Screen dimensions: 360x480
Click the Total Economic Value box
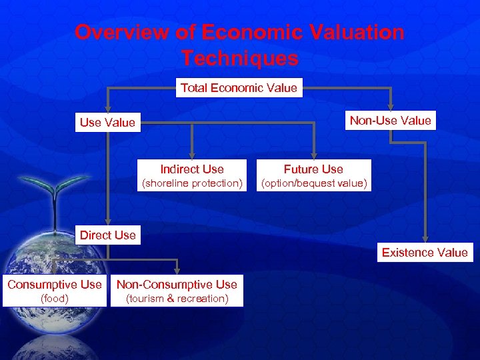click(x=239, y=88)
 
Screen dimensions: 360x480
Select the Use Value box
click(x=107, y=122)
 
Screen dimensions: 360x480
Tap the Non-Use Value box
click(x=391, y=121)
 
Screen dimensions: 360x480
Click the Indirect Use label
click(x=192, y=169)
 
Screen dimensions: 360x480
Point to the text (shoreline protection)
click(x=192, y=183)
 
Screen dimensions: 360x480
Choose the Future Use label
click(x=313, y=169)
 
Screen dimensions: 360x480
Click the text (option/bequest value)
click(x=313, y=183)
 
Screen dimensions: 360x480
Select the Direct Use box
click(x=107, y=235)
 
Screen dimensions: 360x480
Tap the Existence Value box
click(x=425, y=252)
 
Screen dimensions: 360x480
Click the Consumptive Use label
click(x=55, y=285)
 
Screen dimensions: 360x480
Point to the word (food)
click(x=55, y=299)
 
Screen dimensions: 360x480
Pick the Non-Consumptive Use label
click(x=177, y=285)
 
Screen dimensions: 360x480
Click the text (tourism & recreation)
click(x=177, y=299)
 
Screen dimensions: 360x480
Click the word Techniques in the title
click(x=239, y=59)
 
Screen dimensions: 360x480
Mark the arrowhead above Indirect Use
click(x=192, y=157)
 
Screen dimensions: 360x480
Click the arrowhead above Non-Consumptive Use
click(x=177, y=271)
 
